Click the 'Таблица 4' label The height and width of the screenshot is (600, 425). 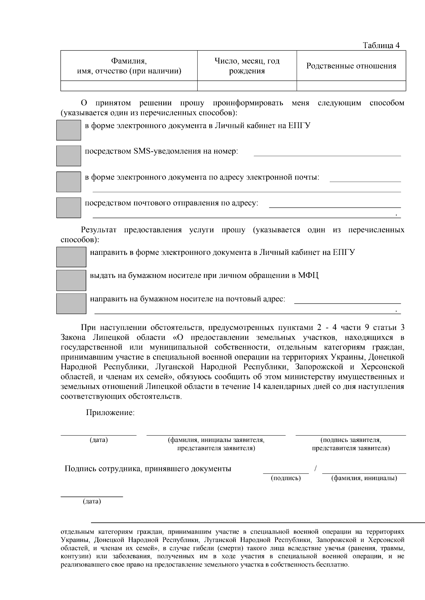[381, 46]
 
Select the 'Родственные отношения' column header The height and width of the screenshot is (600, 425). [351, 66]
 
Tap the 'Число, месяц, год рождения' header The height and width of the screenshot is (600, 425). [247, 66]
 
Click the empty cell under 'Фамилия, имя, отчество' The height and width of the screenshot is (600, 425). [129, 86]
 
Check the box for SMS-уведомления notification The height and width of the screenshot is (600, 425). [68, 156]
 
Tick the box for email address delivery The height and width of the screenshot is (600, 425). [68, 182]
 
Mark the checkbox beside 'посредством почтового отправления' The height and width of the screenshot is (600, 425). [68, 208]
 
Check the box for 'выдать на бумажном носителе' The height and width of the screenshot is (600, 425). [71, 280]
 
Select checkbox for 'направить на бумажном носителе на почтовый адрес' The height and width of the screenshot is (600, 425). [71, 303]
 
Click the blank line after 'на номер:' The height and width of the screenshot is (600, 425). [327, 153]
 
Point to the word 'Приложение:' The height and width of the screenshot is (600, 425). [110, 413]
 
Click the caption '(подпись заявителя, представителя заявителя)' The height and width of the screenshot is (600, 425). [351, 444]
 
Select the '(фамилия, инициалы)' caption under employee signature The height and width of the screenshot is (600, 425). [364, 478]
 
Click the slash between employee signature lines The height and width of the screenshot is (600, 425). [315, 468]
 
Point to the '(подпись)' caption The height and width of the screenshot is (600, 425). [286, 478]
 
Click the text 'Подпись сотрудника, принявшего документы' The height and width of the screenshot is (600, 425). [148, 469]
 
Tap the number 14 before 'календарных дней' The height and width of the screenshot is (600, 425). [257, 386]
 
